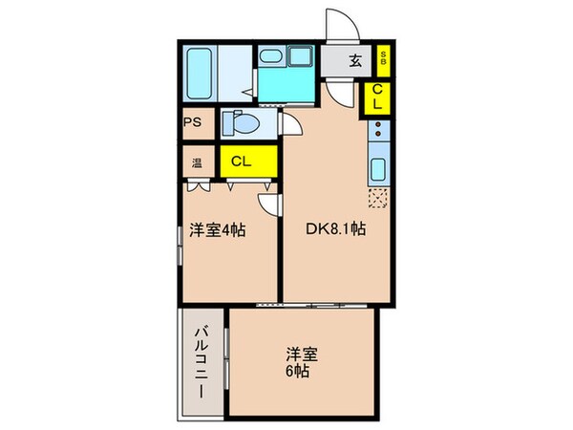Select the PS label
[x=193, y=122]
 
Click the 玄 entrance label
[x=354, y=62]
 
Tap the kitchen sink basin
[x=376, y=173]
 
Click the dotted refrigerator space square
[x=377, y=199]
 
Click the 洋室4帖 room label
[x=220, y=230]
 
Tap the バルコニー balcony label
[x=202, y=362]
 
